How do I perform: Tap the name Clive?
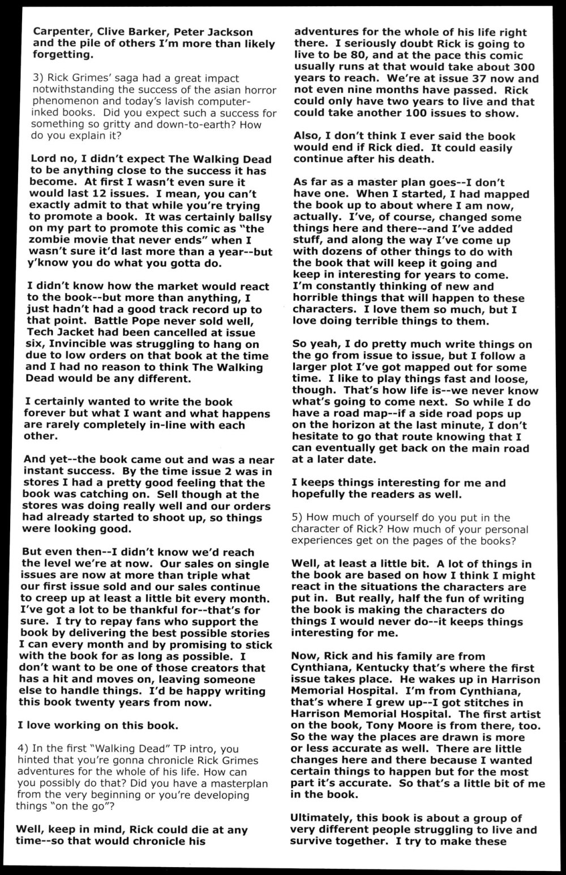tap(114, 32)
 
